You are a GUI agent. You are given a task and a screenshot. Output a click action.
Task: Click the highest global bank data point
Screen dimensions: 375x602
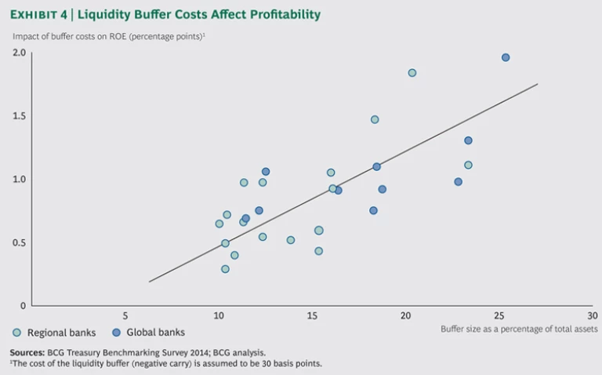point(506,57)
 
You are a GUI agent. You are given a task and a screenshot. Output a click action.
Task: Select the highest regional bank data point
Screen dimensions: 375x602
point(412,73)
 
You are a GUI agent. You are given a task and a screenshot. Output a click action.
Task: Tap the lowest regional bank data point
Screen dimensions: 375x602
point(225,269)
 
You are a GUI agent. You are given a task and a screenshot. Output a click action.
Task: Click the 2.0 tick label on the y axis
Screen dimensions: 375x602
point(19,53)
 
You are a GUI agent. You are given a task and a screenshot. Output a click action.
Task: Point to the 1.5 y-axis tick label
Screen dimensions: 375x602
point(19,116)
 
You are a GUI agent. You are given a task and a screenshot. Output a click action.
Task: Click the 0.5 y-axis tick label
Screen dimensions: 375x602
point(19,242)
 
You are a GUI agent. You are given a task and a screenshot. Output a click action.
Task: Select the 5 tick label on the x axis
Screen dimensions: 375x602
point(125,315)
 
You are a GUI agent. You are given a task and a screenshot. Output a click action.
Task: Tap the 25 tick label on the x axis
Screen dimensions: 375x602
point(499,315)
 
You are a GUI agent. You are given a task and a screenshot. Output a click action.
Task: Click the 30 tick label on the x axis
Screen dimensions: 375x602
point(592,315)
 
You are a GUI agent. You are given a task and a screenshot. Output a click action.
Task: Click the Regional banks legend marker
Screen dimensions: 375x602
point(17,333)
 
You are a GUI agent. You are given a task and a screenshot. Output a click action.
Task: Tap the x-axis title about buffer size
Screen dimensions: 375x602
point(519,329)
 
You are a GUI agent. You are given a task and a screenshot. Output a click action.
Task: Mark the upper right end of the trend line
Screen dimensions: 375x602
point(538,84)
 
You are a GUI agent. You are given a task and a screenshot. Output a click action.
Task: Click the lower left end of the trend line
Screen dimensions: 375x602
point(149,282)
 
